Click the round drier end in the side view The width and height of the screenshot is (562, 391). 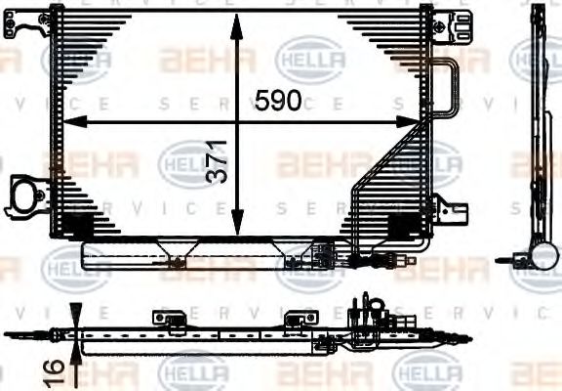[x=542, y=256]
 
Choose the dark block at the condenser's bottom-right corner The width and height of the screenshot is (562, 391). [x=402, y=224]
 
